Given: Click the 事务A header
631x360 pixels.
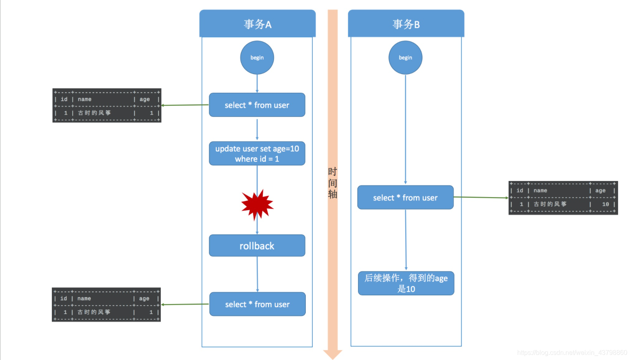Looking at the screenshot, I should pyautogui.click(x=257, y=24).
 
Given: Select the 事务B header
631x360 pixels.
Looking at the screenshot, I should pyautogui.click(x=406, y=24).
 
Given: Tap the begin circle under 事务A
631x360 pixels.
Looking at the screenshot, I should pyautogui.click(x=257, y=58).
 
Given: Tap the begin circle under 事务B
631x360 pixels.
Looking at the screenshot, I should pyautogui.click(x=405, y=58).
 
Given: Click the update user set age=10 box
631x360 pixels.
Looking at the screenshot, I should pyautogui.click(x=257, y=153).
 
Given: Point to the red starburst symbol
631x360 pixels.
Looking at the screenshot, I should pyautogui.click(x=257, y=204).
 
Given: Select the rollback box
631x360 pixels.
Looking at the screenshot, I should pyautogui.click(x=257, y=246).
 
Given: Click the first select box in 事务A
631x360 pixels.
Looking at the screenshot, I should pyautogui.click(x=257, y=105).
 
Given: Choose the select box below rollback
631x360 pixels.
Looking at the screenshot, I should pyautogui.click(x=258, y=304).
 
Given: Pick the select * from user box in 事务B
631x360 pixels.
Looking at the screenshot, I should pyautogui.click(x=405, y=198).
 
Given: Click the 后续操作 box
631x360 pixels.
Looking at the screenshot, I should pyautogui.click(x=406, y=283).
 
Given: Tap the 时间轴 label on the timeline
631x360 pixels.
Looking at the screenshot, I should pyautogui.click(x=333, y=183).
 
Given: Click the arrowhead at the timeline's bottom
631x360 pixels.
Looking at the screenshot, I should pyautogui.click(x=333, y=354).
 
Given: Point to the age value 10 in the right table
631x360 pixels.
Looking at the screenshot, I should pyautogui.click(x=605, y=204).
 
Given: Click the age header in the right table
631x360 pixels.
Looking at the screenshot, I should pyautogui.click(x=600, y=190).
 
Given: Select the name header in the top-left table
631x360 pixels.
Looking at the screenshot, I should pyautogui.click(x=85, y=99).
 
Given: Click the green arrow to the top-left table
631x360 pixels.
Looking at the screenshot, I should pyautogui.click(x=185, y=105).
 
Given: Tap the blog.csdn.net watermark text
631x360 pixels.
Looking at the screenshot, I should pyautogui.click(x=572, y=352).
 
